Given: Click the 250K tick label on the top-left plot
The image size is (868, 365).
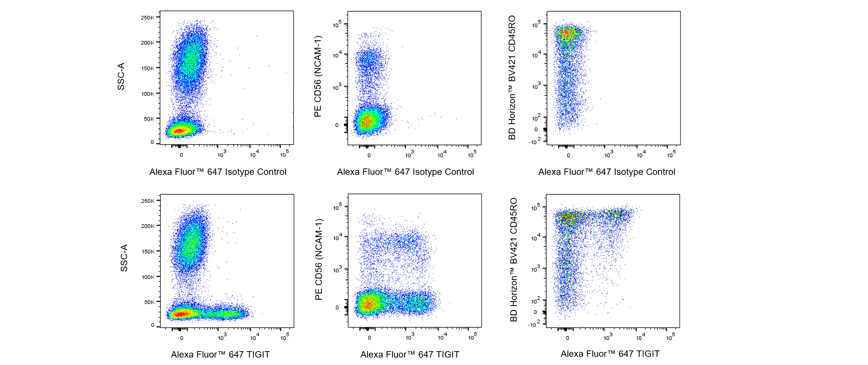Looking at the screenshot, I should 147,18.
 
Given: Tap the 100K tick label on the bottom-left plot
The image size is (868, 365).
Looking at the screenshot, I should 148,277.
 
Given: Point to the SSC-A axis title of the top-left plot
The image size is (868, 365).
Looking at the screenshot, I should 121,76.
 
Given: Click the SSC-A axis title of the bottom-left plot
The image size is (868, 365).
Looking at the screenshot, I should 124,258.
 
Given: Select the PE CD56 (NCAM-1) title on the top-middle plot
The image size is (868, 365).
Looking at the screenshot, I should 318,76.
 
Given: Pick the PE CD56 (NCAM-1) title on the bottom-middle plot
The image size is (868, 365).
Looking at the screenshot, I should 318,259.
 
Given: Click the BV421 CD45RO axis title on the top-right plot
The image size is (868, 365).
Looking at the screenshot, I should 512,77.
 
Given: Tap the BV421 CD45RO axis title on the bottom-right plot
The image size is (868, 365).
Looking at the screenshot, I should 514,260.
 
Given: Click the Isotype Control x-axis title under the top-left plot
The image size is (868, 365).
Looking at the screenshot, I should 218,172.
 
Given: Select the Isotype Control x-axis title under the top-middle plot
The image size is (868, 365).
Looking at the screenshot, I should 405,172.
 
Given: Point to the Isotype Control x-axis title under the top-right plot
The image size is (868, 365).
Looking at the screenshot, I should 606,172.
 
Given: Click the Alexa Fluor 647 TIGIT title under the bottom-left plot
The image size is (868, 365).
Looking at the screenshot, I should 220,354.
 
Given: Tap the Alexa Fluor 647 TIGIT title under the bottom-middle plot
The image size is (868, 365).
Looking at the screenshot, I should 410,354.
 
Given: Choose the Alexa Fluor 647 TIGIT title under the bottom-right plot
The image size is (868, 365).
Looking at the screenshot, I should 610,353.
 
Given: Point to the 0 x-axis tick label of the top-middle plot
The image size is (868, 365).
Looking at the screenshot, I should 369,155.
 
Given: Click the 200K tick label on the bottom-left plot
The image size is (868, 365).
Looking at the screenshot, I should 148,226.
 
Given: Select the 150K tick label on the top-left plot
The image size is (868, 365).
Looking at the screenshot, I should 147,68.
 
